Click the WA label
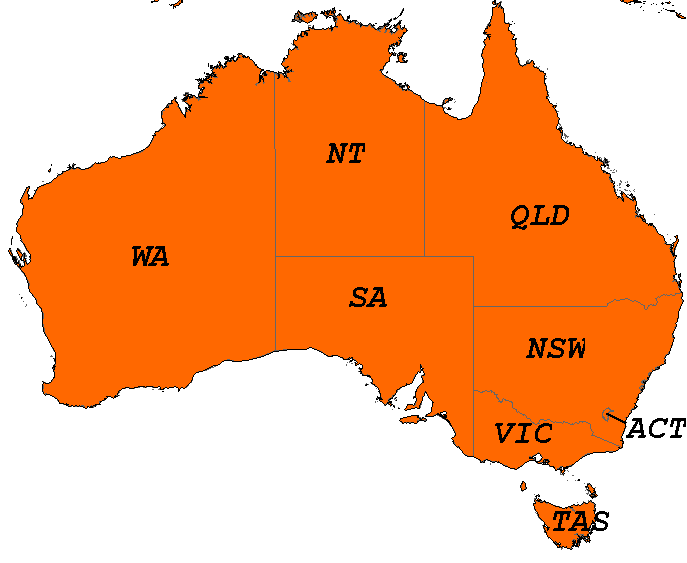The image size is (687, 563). point(150,257)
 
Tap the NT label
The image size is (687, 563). point(346,154)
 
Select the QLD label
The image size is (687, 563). point(539,216)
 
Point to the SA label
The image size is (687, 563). point(368,298)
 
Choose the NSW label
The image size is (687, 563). point(556,349)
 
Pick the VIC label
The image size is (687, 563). point(523,434)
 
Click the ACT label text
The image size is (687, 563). point(656,430)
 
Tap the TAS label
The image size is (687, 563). point(581,521)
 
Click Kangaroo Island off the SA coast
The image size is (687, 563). point(409,420)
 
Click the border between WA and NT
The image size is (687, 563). point(275,180)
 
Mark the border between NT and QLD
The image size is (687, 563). point(424,180)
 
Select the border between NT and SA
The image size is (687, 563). point(350,256)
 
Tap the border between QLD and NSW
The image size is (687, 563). point(540,306)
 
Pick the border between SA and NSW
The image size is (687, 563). point(473,350)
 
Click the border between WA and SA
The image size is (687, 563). point(275,300)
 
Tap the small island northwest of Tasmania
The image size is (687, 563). point(522,486)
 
